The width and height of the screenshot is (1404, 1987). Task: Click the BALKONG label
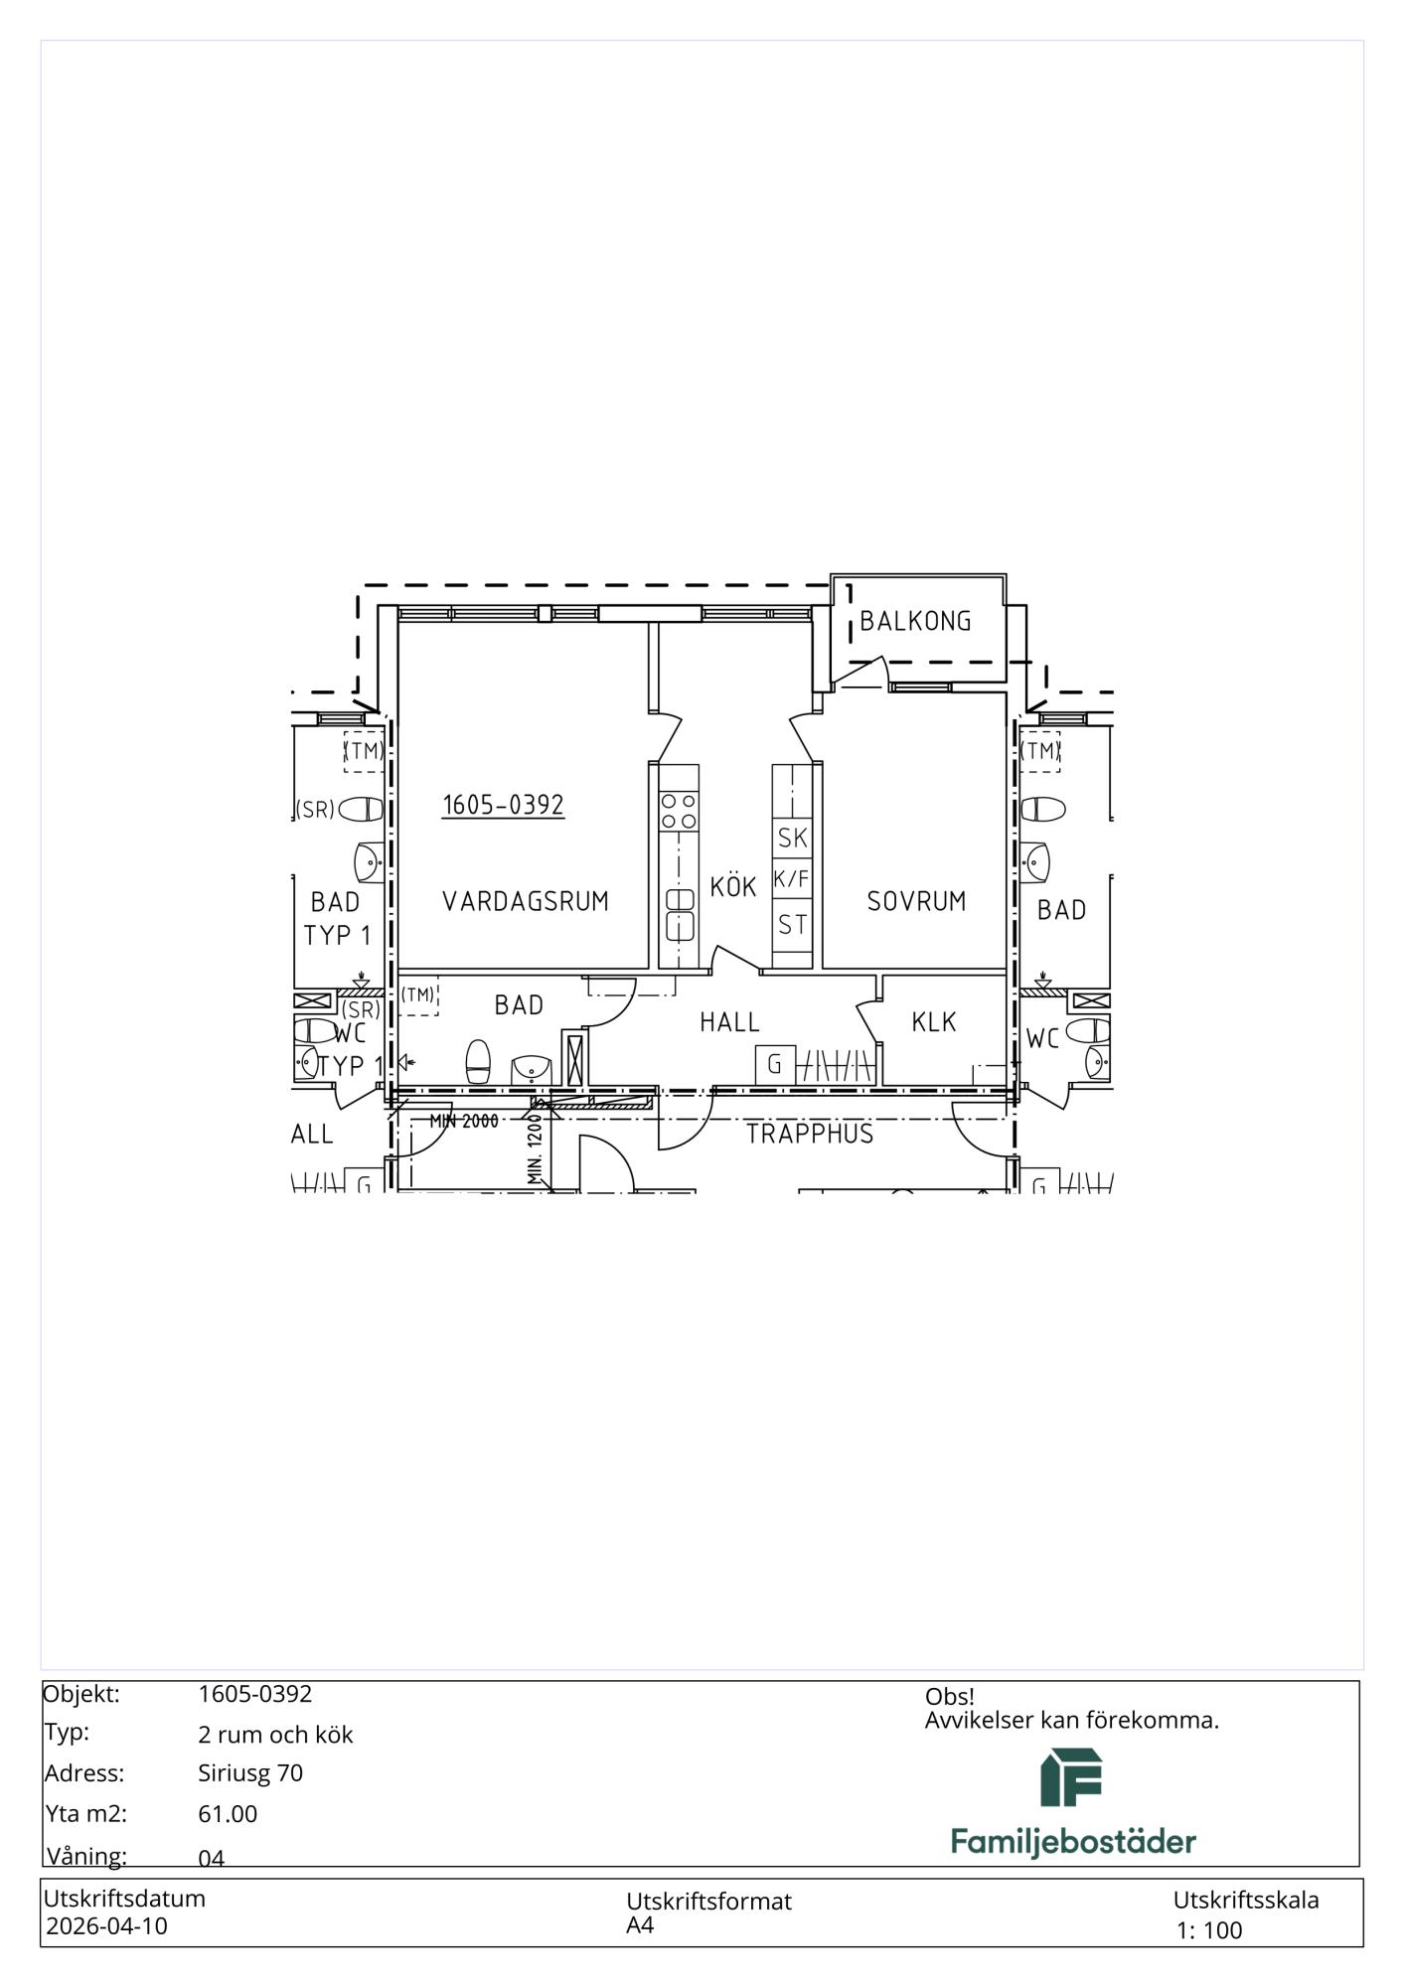(915, 621)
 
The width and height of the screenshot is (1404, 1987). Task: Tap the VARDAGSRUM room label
(525, 901)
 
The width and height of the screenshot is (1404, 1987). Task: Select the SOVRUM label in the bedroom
(916, 901)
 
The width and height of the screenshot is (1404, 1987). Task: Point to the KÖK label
(733, 885)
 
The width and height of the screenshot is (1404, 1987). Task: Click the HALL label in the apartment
(729, 1022)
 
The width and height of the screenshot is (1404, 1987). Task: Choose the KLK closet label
(934, 1021)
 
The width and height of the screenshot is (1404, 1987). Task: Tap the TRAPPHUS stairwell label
(810, 1134)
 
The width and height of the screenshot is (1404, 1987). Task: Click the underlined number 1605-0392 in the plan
(503, 805)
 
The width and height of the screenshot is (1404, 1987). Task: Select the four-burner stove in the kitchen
(679, 811)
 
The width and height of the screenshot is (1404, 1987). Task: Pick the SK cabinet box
(792, 838)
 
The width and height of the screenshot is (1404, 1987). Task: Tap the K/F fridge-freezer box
(792, 878)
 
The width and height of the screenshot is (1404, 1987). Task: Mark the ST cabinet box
(792, 925)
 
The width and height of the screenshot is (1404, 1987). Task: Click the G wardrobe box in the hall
(775, 1065)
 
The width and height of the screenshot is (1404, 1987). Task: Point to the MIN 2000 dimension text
(464, 1122)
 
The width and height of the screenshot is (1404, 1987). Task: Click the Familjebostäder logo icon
(1071, 1777)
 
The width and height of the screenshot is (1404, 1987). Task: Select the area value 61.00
(228, 1814)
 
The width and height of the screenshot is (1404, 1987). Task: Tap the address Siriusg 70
(250, 1773)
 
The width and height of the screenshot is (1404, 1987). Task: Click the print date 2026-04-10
(107, 1926)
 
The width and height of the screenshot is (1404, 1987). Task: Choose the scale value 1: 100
(1209, 1930)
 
